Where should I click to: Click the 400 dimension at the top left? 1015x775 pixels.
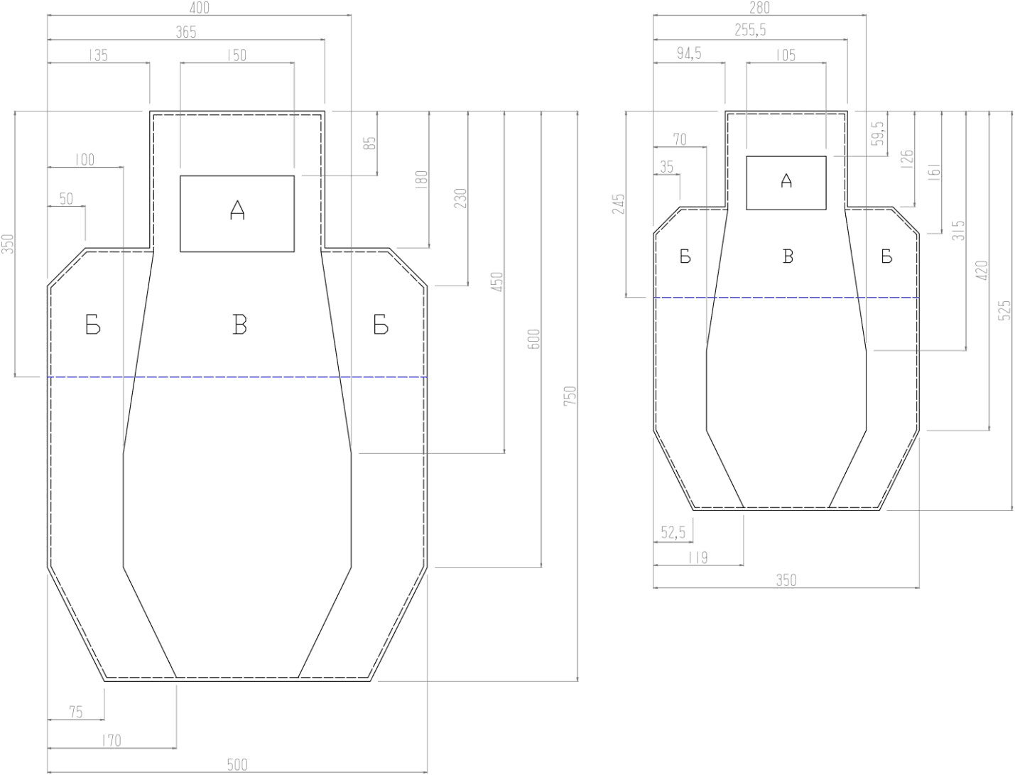200,7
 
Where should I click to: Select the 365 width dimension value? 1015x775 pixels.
186,32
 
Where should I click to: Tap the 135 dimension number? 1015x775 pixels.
97,55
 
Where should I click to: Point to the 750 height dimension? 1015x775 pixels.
570,396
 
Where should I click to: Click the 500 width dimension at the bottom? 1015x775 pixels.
237,764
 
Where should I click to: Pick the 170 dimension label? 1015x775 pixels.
111,740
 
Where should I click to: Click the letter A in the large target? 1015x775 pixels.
237,210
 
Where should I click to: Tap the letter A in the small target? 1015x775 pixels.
786,180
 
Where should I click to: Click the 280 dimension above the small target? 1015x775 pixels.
759,7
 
